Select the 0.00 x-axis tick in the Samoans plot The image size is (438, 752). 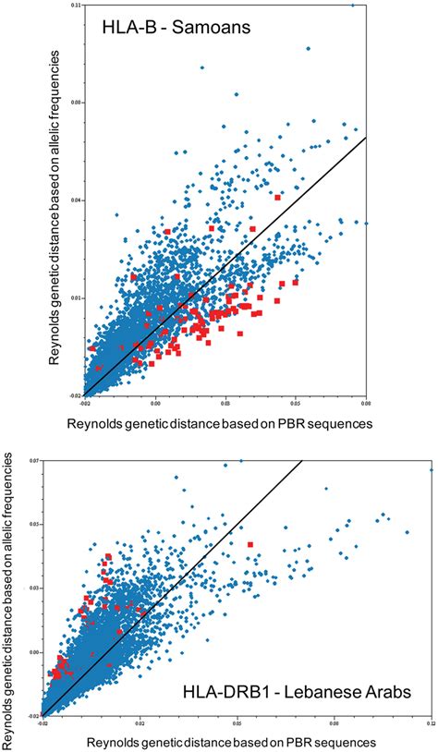pyautogui.click(x=155, y=404)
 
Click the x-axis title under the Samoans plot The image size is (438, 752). pyautogui.click(x=220, y=423)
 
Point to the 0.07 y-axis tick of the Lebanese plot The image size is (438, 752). pyautogui.click(x=34, y=460)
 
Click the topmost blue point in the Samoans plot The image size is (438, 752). pyautogui.click(x=352, y=5)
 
